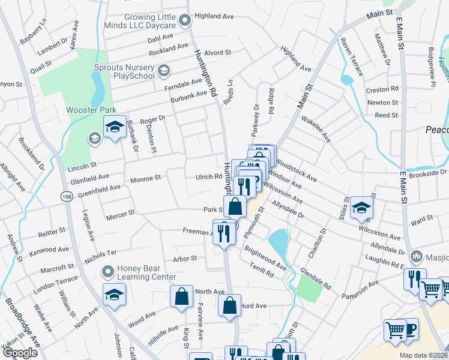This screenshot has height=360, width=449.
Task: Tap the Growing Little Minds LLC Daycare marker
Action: tap(185, 22)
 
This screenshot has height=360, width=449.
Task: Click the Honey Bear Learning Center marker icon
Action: tap(108, 272)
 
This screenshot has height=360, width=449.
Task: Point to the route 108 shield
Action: tap(67, 196)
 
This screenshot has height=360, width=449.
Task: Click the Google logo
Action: tap(20, 353)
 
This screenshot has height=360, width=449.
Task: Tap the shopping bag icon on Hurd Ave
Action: tap(229, 305)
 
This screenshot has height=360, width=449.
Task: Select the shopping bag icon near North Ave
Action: tap(181, 296)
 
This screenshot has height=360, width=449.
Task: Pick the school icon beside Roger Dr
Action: tap(114, 127)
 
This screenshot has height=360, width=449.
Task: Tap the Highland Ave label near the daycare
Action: tap(209, 16)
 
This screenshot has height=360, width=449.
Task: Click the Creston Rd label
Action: tap(382, 89)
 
